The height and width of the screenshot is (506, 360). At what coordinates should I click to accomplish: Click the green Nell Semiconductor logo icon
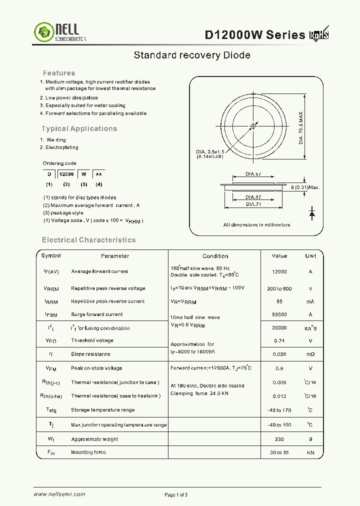point(43,32)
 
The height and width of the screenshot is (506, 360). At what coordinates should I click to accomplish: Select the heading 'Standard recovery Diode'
point(191,55)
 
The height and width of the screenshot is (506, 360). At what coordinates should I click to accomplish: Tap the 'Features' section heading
point(59,73)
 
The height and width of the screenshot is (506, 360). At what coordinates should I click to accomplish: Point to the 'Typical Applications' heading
point(79,128)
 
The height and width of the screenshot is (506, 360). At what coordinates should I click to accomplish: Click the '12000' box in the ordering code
point(66,174)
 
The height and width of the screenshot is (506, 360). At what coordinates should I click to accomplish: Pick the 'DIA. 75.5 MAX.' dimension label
point(301,127)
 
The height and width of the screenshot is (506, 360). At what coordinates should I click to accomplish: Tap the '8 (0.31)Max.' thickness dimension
point(305,187)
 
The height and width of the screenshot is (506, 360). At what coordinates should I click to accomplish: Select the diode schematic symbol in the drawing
point(312,213)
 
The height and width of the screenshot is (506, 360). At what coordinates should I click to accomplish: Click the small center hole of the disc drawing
point(253,126)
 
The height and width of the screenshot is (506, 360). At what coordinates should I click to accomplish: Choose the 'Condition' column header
point(215,256)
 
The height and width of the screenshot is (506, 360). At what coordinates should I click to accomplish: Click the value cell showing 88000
point(279,314)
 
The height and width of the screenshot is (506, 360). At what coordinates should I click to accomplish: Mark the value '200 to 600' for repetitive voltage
point(279,288)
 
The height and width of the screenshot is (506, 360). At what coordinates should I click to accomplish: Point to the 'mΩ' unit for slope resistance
point(310,354)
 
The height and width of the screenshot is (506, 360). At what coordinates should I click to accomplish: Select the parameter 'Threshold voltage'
point(92,340)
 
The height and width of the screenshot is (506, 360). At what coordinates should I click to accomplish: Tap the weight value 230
point(279,439)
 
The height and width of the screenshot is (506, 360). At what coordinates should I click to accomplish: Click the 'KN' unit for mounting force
point(310,452)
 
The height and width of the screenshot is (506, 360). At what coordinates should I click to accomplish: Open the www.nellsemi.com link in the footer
point(59,494)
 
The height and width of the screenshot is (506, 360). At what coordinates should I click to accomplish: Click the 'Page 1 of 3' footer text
point(176,495)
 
